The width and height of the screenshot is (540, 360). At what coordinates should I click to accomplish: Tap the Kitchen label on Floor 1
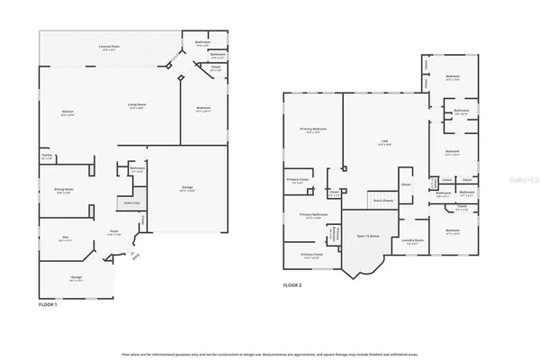pyautogui.click(x=67, y=112)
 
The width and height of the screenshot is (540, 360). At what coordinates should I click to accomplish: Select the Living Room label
pyautogui.click(x=136, y=106)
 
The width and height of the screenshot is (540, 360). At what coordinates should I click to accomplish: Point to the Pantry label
pyautogui.click(x=47, y=157)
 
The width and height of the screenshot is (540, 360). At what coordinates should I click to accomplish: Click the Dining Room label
pyautogui.click(x=64, y=191)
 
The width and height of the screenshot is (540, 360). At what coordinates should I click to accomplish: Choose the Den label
pyautogui.click(x=64, y=239)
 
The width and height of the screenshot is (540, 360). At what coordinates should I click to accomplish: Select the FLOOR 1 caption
pyautogui.click(x=49, y=305)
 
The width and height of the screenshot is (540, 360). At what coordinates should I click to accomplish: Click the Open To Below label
pyautogui.click(x=367, y=236)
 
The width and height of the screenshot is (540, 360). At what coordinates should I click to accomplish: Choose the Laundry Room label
pyautogui.click(x=413, y=239)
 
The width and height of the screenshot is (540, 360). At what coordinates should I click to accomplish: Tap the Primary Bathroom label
pyautogui.click(x=312, y=215)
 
